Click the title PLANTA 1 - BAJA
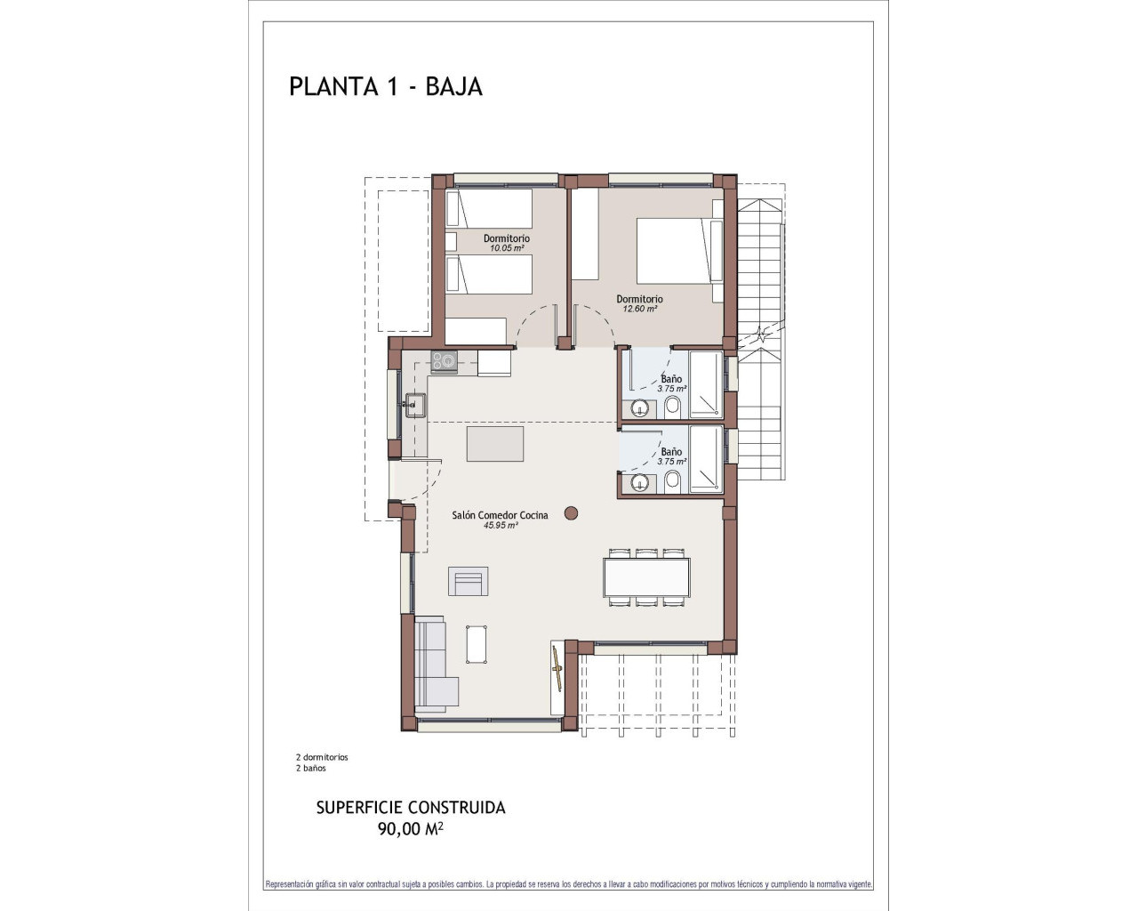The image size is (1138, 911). click(385, 86)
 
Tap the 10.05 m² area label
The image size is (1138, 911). click(506, 248)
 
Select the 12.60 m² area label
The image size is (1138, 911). click(639, 309)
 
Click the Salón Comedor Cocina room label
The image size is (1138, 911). click(500, 515)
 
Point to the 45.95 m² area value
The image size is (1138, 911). click(501, 526)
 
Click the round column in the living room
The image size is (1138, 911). click(572, 512)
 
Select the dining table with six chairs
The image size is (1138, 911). click(646, 576)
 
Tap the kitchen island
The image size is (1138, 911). click(494, 443)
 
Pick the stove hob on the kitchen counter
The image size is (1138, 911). click(444, 361)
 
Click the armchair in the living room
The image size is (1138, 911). click(469, 582)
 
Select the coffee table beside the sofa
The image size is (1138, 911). click(477, 643)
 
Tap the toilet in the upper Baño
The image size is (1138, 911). click(672, 407)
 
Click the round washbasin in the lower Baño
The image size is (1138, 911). click(639, 483)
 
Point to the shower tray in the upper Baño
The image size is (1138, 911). click(706, 385)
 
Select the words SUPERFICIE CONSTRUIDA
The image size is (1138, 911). click(411, 808)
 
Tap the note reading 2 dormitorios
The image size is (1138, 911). click(322, 757)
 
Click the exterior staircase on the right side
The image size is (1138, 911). click(762, 338)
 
